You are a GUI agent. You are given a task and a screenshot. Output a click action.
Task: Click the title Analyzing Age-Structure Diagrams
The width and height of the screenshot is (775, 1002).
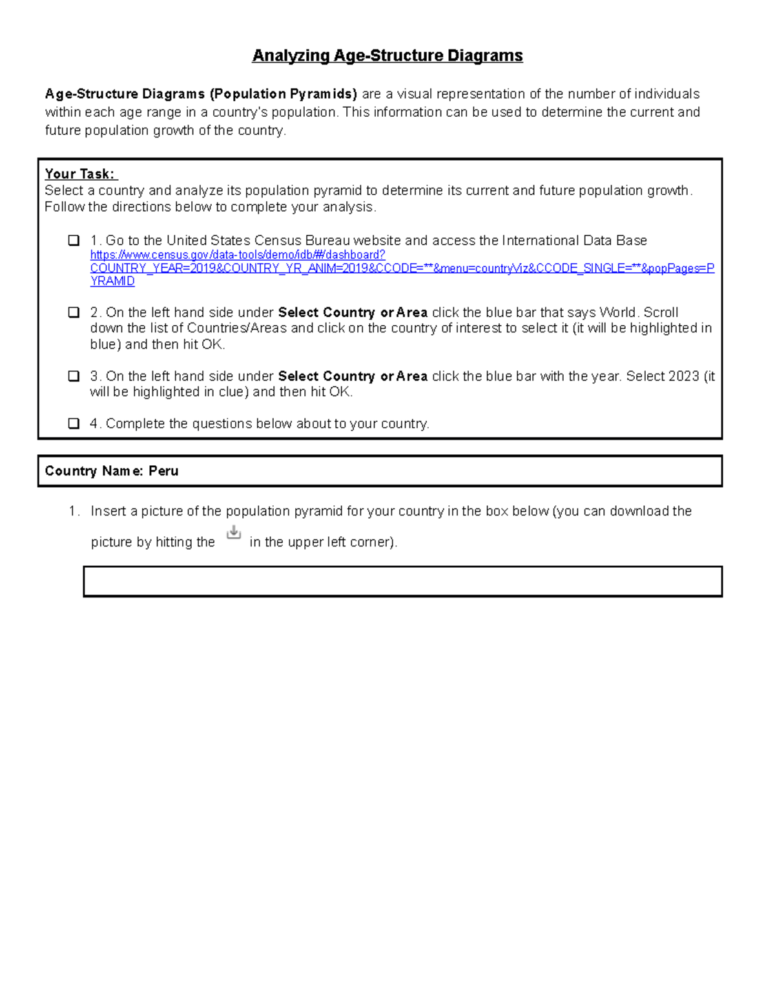(x=387, y=55)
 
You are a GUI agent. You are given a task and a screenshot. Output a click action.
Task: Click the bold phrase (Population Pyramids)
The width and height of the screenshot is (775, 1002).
(x=283, y=94)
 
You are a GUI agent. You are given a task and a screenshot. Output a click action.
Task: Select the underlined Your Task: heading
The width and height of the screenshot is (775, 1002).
(x=80, y=174)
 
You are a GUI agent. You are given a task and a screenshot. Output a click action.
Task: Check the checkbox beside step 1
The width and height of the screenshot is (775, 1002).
(x=74, y=241)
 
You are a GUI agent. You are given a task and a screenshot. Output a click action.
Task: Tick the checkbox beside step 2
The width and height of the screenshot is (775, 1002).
(x=74, y=312)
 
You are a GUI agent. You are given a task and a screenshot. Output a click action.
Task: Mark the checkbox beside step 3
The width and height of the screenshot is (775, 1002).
(x=74, y=376)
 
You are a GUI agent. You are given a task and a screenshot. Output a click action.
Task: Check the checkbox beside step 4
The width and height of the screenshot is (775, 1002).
(x=74, y=424)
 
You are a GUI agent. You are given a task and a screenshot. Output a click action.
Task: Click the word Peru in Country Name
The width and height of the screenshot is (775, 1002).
(x=163, y=471)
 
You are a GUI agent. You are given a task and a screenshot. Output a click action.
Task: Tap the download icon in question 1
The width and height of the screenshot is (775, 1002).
(x=234, y=533)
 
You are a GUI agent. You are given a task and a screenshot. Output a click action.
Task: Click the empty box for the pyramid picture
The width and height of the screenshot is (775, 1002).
(x=402, y=581)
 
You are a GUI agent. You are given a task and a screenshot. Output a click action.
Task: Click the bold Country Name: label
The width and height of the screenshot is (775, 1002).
(x=94, y=471)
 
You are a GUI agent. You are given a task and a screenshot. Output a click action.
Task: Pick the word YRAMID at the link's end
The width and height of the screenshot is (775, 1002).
(x=112, y=281)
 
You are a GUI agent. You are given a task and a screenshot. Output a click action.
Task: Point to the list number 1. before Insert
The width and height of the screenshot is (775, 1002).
(x=74, y=511)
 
